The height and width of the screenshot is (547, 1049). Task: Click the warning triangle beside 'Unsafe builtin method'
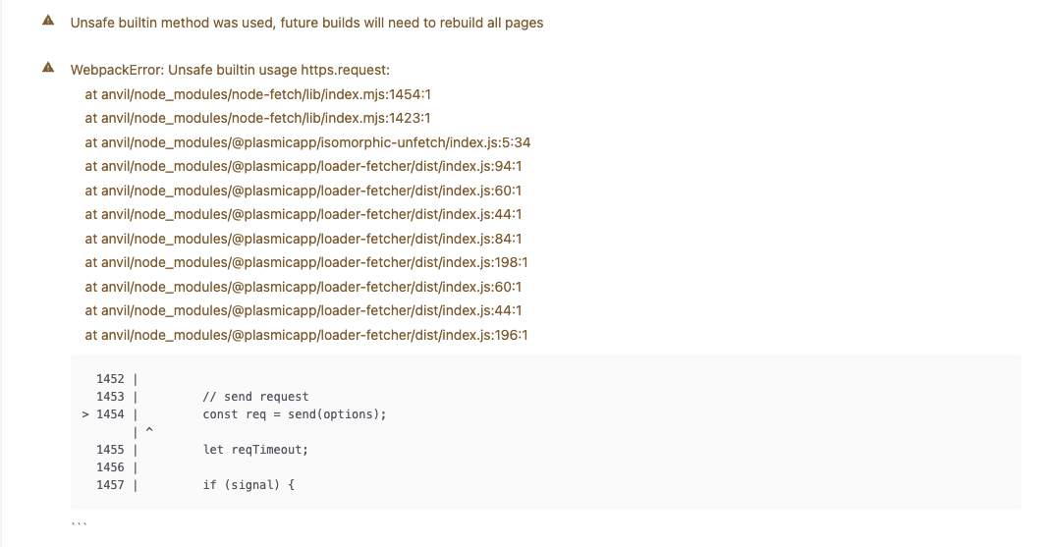(48, 22)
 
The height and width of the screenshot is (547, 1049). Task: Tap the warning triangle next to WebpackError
(48, 69)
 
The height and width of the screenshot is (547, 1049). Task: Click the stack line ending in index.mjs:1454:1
(258, 94)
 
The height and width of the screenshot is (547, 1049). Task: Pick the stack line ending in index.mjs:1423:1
(258, 118)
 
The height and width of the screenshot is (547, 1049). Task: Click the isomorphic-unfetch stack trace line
(307, 142)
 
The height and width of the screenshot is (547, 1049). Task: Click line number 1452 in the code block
(110, 378)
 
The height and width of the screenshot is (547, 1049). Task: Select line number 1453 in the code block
(110, 397)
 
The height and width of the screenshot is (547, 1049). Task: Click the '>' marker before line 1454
(86, 414)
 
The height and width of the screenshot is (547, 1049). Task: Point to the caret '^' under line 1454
(149, 430)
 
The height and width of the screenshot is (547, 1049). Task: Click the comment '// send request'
(255, 397)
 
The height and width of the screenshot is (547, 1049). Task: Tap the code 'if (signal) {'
(248, 485)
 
